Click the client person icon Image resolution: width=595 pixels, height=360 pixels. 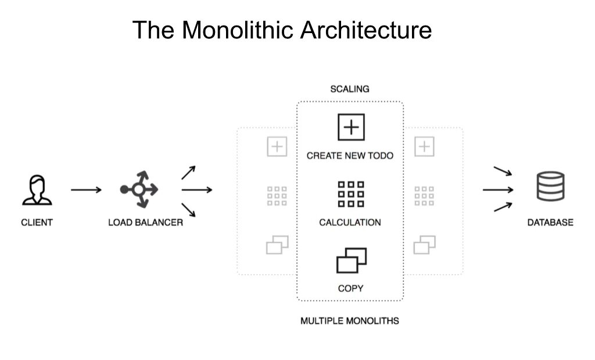37,190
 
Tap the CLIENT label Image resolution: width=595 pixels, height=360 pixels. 37,222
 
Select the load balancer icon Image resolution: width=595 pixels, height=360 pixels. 139,189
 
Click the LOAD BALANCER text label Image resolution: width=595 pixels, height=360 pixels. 145,222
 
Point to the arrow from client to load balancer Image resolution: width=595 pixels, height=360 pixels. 86,190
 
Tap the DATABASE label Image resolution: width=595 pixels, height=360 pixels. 550,222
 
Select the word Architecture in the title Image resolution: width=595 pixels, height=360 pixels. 365,30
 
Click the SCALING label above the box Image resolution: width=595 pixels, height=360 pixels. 350,89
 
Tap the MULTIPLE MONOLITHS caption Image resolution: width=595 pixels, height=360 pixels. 350,321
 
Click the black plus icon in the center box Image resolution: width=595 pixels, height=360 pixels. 350,127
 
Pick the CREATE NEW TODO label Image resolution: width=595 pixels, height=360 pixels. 350,156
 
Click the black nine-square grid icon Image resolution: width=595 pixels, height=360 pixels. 350,195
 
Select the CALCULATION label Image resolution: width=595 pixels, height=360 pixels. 350,222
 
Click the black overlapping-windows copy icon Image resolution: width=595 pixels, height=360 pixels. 352,261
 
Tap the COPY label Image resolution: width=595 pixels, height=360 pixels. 350,289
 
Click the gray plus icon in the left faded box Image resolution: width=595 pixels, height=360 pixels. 277,147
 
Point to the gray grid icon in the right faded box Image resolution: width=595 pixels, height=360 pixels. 424,196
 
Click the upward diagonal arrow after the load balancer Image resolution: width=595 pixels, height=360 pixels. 188,172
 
